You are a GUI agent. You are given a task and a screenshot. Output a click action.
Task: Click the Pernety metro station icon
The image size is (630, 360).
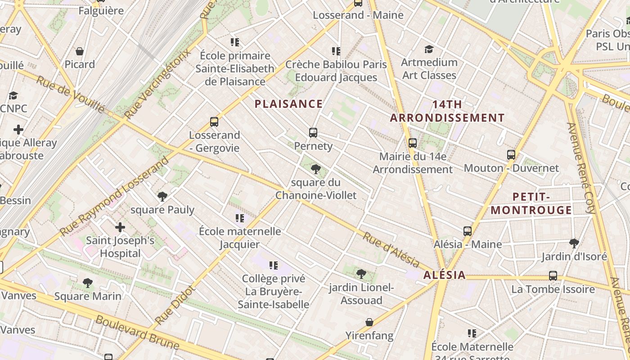(313, 133)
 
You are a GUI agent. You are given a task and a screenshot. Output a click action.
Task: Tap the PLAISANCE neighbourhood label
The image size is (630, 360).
(288, 104)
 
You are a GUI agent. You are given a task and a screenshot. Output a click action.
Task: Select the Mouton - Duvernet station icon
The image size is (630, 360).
(511, 155)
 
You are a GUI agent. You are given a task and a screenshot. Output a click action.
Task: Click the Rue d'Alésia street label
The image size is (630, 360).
(391, 250)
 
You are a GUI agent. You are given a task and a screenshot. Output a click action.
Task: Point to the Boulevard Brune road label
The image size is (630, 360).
(137, 333)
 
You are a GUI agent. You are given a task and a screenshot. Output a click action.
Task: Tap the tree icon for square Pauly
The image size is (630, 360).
(162, 197)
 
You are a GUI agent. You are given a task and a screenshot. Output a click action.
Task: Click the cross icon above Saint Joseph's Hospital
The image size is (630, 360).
(120, 227)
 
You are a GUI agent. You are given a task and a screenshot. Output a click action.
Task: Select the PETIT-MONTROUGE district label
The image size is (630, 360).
(531, 203)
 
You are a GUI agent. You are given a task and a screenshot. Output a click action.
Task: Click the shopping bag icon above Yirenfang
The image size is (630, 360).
(369, 322)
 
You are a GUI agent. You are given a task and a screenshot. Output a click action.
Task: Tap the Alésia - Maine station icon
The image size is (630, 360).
(468, 231)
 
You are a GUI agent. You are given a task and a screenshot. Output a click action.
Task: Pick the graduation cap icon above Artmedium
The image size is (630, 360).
(429, 49)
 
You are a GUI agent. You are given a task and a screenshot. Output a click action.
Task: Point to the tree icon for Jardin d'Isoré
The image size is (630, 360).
(574, 243)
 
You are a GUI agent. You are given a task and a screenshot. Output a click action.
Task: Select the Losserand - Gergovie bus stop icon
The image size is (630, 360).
(214, 122)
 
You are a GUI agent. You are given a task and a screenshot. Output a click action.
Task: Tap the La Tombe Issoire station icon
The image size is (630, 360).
(553, 276)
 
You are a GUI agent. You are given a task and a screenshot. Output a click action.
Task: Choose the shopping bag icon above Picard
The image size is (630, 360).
(80, 51)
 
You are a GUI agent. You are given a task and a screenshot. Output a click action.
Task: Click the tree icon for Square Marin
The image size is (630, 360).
(88, 283)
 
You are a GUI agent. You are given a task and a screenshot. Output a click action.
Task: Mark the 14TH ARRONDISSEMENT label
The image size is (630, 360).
(447, 111)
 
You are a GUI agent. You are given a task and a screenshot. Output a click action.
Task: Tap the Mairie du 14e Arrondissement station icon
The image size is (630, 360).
(413, 143)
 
